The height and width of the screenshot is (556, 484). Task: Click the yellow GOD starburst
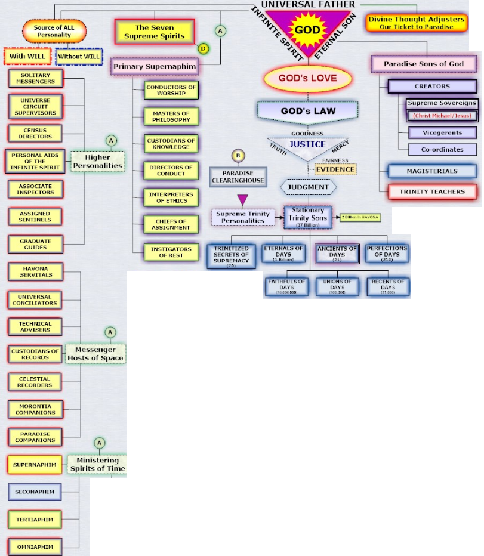coord(308,30)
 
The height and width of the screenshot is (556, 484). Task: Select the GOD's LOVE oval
coord(307,78)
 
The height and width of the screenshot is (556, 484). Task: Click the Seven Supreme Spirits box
coord(155,32)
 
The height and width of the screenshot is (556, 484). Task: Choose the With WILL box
coord(28,57)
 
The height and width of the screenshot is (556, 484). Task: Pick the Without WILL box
coord(79,57)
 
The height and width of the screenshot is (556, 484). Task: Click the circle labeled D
coord(204,48)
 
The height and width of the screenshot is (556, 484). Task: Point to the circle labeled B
coord(238,156)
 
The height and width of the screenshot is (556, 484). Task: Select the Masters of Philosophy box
coord(171,116)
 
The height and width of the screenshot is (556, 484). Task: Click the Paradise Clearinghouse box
coord(238,177)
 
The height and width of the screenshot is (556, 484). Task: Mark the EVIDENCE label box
coord(335,169)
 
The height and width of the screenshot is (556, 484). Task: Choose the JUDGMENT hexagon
coord(308,187)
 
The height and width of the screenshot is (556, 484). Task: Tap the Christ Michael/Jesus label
coord(442,115)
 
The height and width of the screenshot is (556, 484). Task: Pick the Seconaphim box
coord(35,492)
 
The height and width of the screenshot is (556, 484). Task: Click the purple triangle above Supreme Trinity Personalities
coord(242,199)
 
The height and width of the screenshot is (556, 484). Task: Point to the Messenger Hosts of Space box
coord(95,354)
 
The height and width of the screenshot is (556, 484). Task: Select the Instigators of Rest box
coord(171,252)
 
